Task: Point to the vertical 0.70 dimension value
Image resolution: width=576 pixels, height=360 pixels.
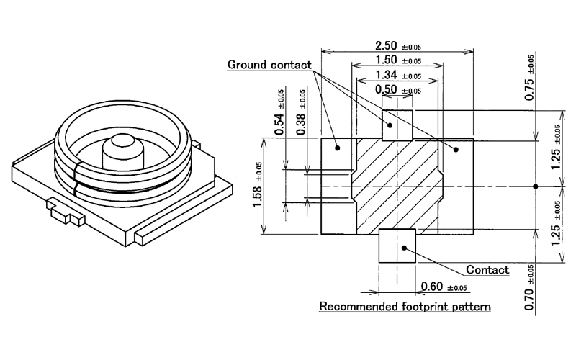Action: [x=529, y=296]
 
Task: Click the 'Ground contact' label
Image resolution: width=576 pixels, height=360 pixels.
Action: [x=269, y=65]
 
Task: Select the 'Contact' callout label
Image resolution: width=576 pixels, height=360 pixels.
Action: [x=487, y=270]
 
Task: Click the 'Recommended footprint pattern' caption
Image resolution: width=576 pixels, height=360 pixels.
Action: [x=405, y=307]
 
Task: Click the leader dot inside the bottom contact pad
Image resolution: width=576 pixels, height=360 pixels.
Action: [x=405, y=248]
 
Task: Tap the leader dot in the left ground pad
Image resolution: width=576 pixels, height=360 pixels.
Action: [x=337, y=148]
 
